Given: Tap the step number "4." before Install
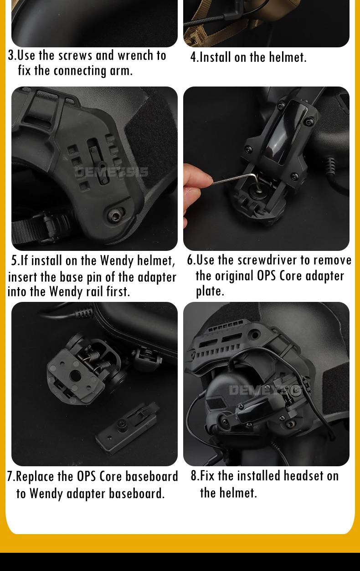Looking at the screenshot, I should coord(195,57).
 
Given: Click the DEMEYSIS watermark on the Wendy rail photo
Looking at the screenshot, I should coord(111,172).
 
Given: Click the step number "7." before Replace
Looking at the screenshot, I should coord(11,476).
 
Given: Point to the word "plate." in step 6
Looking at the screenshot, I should coord(210,291).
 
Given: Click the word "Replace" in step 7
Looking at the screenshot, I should coord(36,476).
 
